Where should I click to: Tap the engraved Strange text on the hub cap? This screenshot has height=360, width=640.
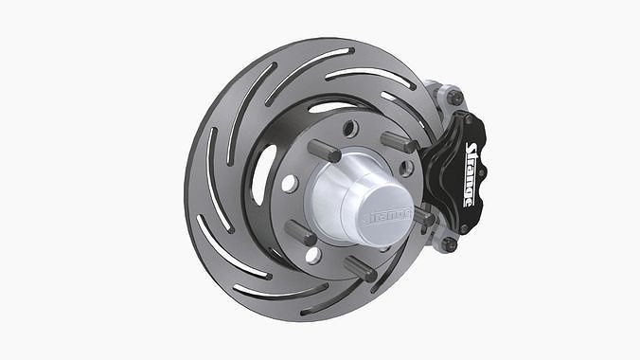click(386, 214)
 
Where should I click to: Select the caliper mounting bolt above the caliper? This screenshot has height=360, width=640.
click(455, 97)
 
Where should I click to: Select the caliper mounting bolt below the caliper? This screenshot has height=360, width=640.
click(448, 243)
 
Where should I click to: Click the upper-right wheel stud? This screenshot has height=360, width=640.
click(399, 142)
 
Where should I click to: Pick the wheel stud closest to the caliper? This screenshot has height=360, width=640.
click(422, 218)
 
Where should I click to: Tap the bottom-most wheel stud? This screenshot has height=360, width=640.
click(361, 268)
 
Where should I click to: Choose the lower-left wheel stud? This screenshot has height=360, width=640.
click(301, 232)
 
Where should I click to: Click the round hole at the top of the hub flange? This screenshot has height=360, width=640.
click(349, 128)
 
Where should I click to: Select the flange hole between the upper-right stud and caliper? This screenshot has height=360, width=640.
click(406, 169)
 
